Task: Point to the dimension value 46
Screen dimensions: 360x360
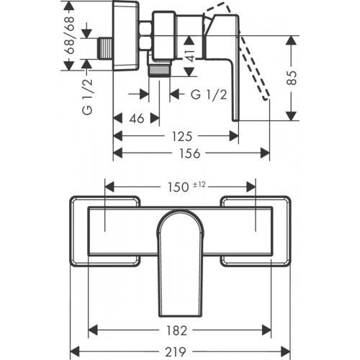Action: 135,118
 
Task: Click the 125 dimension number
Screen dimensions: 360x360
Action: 181,135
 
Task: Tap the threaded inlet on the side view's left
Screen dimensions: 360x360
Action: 104,50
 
